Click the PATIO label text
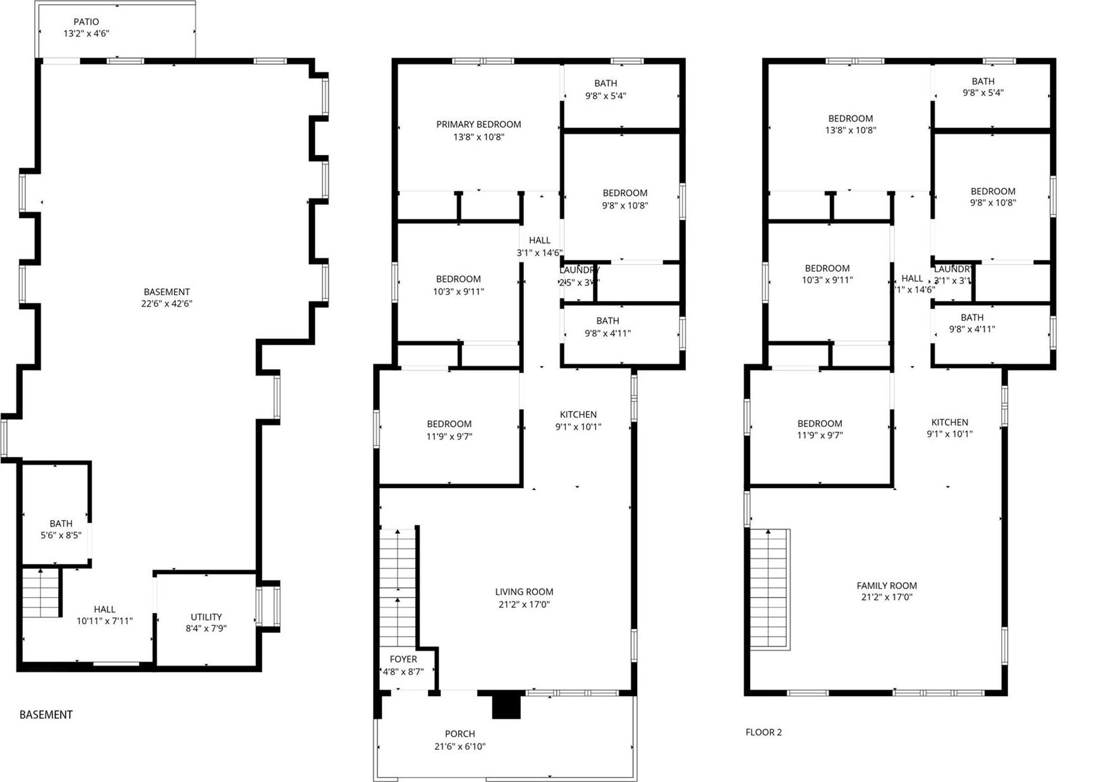tap(86, 22)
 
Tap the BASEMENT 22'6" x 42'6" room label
tap(166, 298)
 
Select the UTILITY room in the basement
tap(206, 622)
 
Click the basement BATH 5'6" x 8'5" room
tap(61, 529)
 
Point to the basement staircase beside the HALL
tap(40, 593)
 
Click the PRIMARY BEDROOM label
tap(478, 125)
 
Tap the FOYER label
tap(403, 659)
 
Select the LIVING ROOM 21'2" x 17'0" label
tap(524, 598)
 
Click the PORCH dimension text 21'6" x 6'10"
tap(459, 747)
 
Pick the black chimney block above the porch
tap(506, 706)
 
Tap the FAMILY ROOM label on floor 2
tap(887, 586)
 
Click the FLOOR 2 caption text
tap(763, 732)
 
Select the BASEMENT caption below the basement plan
tap(46, 715)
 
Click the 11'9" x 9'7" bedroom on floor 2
tap(820, 429)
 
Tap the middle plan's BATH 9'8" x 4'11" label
tap(607, 327)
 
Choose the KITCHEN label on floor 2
tap(949, 422)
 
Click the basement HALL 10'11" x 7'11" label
tap(104, 615)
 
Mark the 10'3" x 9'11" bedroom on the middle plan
tap(458, 285)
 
